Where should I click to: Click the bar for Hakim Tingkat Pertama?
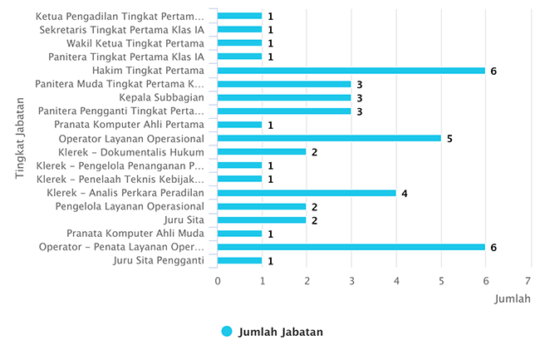(x=351, y=71)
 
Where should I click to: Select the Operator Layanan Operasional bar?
(x=329, y=138)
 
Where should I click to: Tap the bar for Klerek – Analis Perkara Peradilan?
(x=307, y=193)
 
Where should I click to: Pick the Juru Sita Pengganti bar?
(x=240, y=260)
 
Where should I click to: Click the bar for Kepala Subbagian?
(x=284, y=97)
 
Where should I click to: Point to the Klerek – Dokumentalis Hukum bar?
(x=262, y=152)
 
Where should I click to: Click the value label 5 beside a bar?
(x=449, y=138)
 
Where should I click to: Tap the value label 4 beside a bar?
(x=405, y=193)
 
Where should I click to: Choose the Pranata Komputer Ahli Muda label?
(x=135, y=234)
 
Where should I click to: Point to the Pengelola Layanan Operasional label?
(x=130, y=206)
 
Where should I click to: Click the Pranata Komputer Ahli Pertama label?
(x=129, y=125)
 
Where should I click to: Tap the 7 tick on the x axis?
(x=529, y=281)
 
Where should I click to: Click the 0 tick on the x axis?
(x=218, y=281)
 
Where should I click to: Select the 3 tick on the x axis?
(x=351, y=281)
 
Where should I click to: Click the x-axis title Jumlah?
(x=513, y=298)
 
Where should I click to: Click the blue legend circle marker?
(x=227, y=332)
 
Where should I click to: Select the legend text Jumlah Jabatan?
(x=280, y=332)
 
